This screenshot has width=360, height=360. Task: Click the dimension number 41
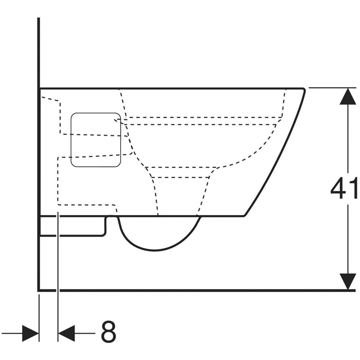click(x=344, y=188)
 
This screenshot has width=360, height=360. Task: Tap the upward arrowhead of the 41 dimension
click(x=348, y=96)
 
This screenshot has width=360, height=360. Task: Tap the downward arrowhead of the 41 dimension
click(x=348, y=282)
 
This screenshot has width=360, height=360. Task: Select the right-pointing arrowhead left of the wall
click(x=30, y=333)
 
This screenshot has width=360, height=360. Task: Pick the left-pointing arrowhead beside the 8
click(x=67, y=333)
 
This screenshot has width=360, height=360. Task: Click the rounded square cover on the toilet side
click(x=96, y=140)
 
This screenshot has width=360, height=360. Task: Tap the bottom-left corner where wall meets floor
click(x=39, y=290)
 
